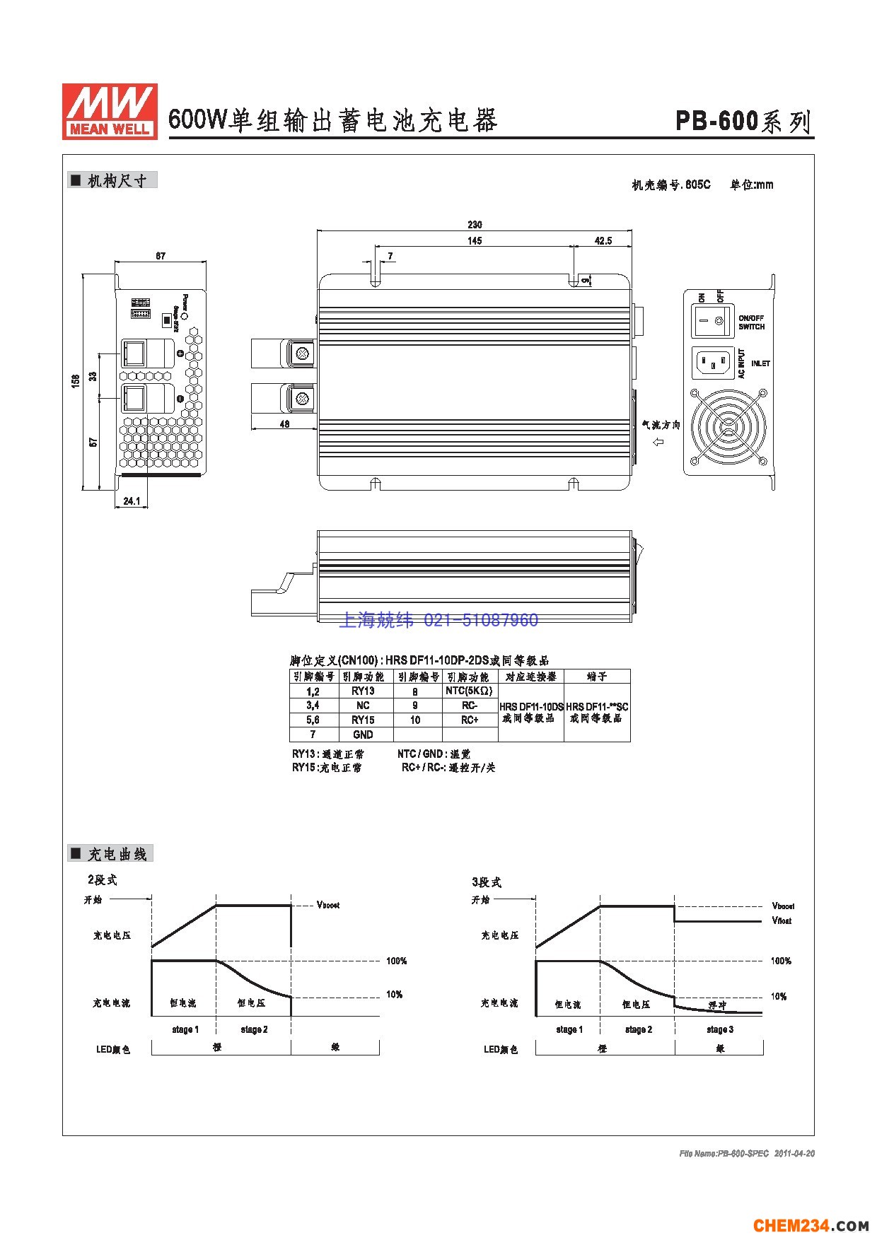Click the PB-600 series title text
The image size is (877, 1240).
point(743,122)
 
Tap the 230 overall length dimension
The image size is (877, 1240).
point(475,225)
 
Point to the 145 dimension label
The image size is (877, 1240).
point(475,241)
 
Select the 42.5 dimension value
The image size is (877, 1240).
point(603,241)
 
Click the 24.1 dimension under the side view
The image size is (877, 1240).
point(132,501)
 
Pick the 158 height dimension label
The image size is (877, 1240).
point(75,381)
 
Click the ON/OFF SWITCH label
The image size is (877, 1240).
point(751,322)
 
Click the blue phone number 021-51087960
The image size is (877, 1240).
point(480,621)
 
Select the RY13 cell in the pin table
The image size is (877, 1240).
point(363,691)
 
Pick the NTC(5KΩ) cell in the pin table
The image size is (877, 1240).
point(469,691)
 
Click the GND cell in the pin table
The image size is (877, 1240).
point(363,735)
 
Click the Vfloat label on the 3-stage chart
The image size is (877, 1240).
point(782,920)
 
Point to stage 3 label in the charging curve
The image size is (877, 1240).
point(719,1029)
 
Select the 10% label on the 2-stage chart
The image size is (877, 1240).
point(394,995)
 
